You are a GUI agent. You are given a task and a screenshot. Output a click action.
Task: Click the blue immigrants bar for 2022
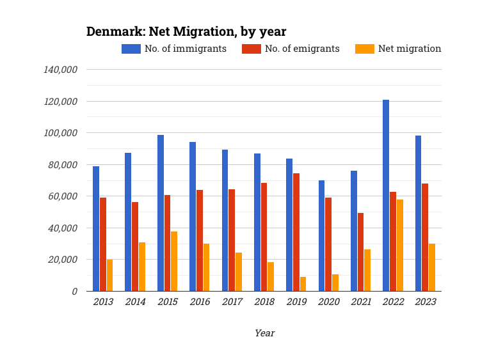pyautogui.click(x=386, y=195)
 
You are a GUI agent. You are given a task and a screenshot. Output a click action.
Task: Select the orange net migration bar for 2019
pyautogui.click(x=303, y=284)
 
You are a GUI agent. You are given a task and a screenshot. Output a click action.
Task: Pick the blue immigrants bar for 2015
pyautogui.click(x=161, y=213)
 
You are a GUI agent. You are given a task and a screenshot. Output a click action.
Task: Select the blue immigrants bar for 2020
pyautogui.click(x=321, y=235)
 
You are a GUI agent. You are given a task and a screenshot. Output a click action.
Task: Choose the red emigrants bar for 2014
pyautogui.click(x=135, y=246)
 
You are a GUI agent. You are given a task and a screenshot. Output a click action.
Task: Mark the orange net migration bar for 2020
pyautogui.click(x=335, y=283)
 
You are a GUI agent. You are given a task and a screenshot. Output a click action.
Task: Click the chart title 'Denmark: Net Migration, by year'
pyautogui.click(x=186, y=31)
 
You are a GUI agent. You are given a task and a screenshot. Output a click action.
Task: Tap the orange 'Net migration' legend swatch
pyautogui.click(x=365, y=49)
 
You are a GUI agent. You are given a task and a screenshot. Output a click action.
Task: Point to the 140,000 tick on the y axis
pyautogui.click(x=60, y=70)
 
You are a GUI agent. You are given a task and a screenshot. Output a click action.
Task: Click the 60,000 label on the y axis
pyautogui.click(x=63, y=196)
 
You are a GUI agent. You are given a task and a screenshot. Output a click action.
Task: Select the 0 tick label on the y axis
pyautogui.click(x=74, y=292)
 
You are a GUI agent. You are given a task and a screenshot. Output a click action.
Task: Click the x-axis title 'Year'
pyautogui.click(x=264, y=333)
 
